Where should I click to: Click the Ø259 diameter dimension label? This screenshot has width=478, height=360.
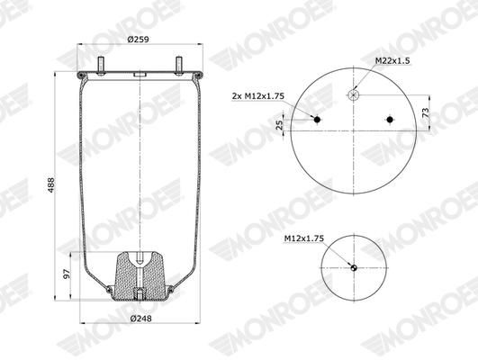coord(138,40)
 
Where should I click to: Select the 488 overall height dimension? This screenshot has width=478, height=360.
coord(50,184)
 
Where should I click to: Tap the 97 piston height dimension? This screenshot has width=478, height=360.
coord(67,274)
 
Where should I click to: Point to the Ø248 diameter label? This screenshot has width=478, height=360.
coord(140,319)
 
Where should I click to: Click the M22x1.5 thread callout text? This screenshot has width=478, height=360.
coord(392,60)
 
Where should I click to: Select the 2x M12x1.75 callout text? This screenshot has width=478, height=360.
coord(257,96)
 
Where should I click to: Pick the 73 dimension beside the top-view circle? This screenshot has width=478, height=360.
coord(426,113)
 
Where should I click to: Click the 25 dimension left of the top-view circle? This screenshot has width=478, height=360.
coord(279,125)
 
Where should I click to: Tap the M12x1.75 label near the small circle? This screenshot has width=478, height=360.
coord(304,238)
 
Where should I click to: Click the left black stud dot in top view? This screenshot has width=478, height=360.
coord(317,120)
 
